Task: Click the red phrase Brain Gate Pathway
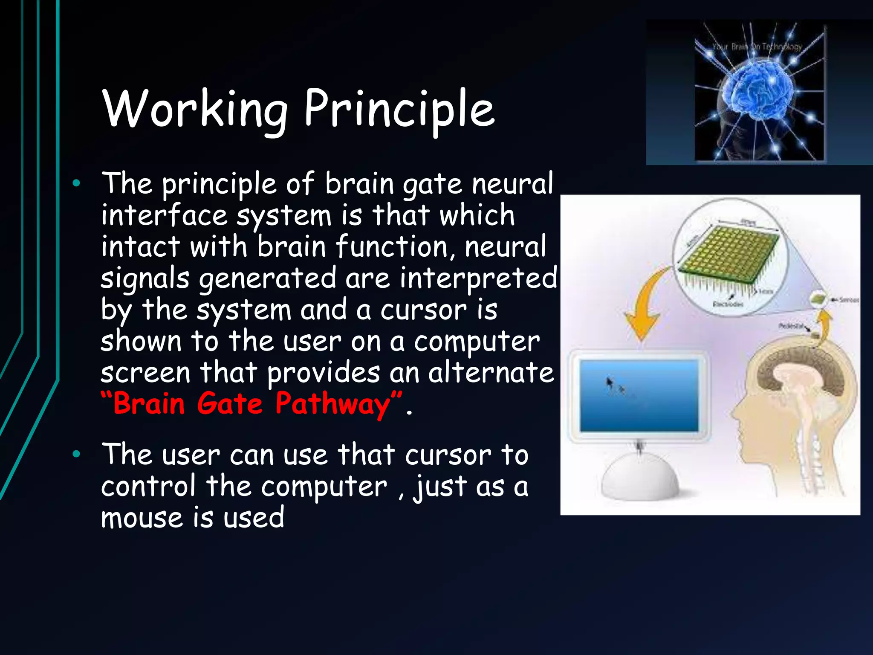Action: click(251, 403)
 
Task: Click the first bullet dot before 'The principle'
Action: click(76, 184)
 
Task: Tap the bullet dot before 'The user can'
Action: click(76, 454)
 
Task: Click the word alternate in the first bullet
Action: click(491, 372)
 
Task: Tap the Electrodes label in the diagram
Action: click(728, 304)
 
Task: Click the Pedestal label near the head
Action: click(791, 326)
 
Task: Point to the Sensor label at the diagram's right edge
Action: click(848, 300)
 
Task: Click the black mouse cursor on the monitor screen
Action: click(610, 383)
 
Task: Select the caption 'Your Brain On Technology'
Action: click(757, 46)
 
